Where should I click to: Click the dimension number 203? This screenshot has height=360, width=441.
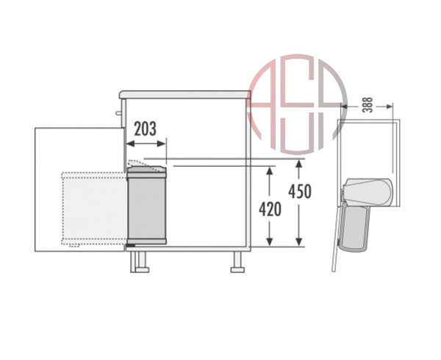[145, 129]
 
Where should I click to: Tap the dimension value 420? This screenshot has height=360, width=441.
[270, 209]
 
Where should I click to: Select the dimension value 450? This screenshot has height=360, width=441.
[300, 191]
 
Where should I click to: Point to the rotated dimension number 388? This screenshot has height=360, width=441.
[367, 105]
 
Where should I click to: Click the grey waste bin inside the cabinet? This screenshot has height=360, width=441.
[146, 205]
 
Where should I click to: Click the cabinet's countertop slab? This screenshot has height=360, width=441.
[184, 95]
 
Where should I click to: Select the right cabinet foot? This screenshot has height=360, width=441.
[237, 262]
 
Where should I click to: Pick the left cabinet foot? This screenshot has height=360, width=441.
[140, 262]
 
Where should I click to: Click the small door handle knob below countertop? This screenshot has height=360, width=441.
[118, 113]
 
